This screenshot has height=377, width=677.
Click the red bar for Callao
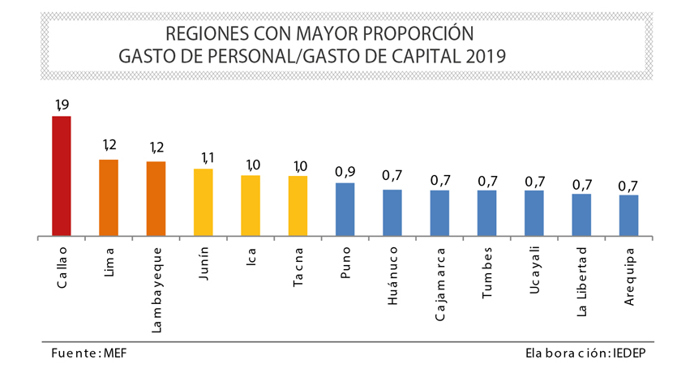pyautogui.click(x=62, y=176)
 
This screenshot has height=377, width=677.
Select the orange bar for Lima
pyautogui.click(x=109, y=198)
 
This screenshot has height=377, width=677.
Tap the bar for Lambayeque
pyautogui.click(x=156, y=199)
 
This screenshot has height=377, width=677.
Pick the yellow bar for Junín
pyautogui.click(x=203, y=203)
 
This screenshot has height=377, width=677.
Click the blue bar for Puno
pyautogui.click(x=345, y=209)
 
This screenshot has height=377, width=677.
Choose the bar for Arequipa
pyautogui.click(x=628, y=216)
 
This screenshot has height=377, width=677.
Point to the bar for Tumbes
pyautogui.click(x=486, y=213)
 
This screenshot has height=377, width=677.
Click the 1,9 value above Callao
pyautogui.click(x=62, y=105)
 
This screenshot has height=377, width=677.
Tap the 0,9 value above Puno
pyautogui.click(x=345, y=172)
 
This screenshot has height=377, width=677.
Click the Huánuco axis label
pyautogui.click(x=392, y=275)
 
